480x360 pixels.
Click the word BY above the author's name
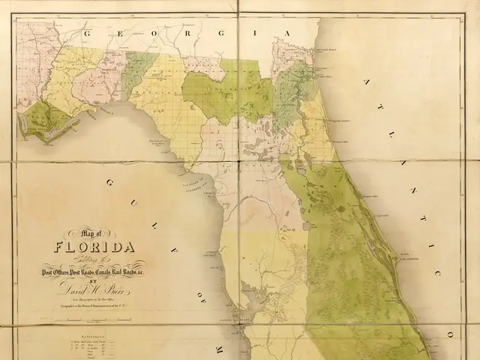[x=92, y=280]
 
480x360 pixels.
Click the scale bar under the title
[x=93, y=314]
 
